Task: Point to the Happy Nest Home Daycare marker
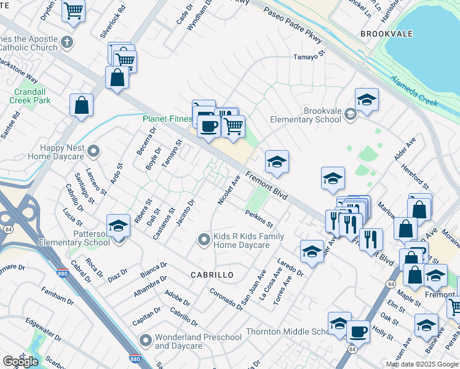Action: coord(93,151)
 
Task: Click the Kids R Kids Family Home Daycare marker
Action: coord(204,240)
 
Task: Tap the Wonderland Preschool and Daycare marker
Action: coord(146,340)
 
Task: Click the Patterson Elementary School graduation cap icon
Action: coord(118,225)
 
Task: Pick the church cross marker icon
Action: coord(68,44)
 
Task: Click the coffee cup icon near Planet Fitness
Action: coord(208,126)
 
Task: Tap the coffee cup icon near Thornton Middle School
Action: coord(358,331)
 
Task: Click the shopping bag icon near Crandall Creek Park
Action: coord(82,105)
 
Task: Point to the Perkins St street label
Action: coord(258,216)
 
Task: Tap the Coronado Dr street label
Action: coord(226,299)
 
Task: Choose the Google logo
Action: coord(20,361)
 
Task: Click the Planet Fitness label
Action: coord(167,119)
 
